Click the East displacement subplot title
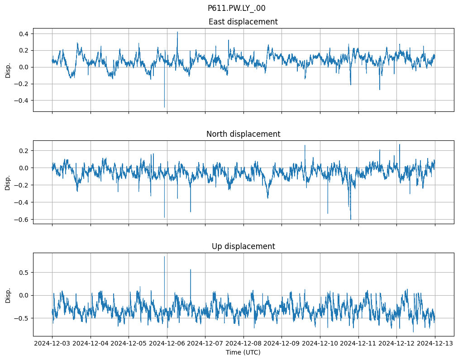[243, 22]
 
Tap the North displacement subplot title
[243, 134]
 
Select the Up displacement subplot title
[243, 246]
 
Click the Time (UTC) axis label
[243, 352]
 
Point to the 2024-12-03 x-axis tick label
[52, 344]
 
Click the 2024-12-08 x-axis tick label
[243, 344]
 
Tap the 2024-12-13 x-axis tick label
[435, 344]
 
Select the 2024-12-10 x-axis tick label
[320, 344]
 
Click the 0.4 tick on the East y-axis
[24, 34]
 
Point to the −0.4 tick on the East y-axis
[22, 101]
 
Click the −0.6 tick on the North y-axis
[22, 220]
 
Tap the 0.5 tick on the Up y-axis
[24, 273]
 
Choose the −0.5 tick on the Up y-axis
[22, 318]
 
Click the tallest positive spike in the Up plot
[164, 257]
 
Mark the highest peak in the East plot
[177, 32]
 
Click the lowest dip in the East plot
[164, 107]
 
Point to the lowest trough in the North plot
[351, 219]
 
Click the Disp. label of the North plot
[8, 182]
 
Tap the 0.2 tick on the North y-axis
[24, 151]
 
